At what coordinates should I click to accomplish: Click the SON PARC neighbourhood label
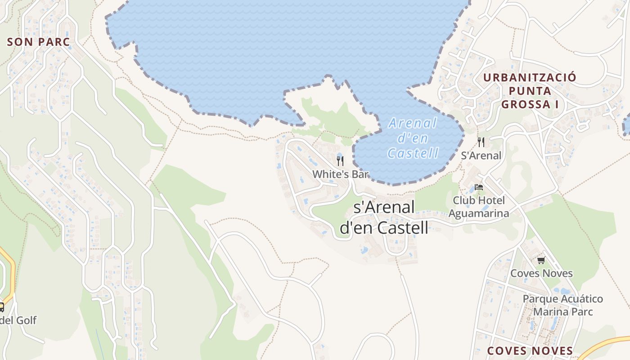pos(39,42)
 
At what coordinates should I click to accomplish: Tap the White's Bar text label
pos(340,174)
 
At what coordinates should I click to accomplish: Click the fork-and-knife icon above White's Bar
pos(340,161)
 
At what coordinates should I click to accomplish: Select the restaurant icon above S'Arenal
pos(481,142)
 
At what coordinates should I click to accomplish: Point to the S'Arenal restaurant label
pos(481,156)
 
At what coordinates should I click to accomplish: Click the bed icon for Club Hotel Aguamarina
pos(479,187)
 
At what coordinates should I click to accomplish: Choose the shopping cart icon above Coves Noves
pos(541,260)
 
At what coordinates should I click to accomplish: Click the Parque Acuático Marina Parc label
pos(562,305)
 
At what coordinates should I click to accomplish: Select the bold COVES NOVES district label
pos(530,351)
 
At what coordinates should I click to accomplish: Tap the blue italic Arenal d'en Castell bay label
pos(413,138)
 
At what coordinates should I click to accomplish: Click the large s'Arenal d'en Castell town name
pos(384,218)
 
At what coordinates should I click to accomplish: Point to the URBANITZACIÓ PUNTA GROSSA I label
pos(530,91)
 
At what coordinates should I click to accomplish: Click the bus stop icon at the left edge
pos(1,307)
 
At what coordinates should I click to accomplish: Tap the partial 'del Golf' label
pos(18,320)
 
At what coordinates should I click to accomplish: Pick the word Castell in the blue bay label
pos(413,153)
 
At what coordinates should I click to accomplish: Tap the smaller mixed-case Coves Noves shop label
pos(541,273)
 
